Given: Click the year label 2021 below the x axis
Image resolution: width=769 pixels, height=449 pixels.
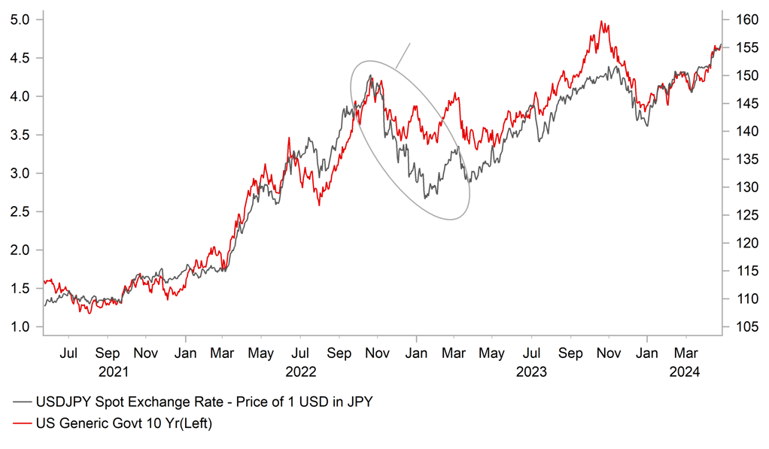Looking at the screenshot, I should click(108, 372).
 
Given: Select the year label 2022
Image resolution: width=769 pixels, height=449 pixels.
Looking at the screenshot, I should click(299, 372).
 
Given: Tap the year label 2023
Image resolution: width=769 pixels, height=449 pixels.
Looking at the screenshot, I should click(531, 372).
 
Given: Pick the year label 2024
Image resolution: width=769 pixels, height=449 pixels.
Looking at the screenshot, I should click(685, 372).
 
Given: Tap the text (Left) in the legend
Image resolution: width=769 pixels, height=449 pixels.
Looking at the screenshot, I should click(193, 424).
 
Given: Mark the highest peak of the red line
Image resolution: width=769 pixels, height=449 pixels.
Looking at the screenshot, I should click(601, 21).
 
